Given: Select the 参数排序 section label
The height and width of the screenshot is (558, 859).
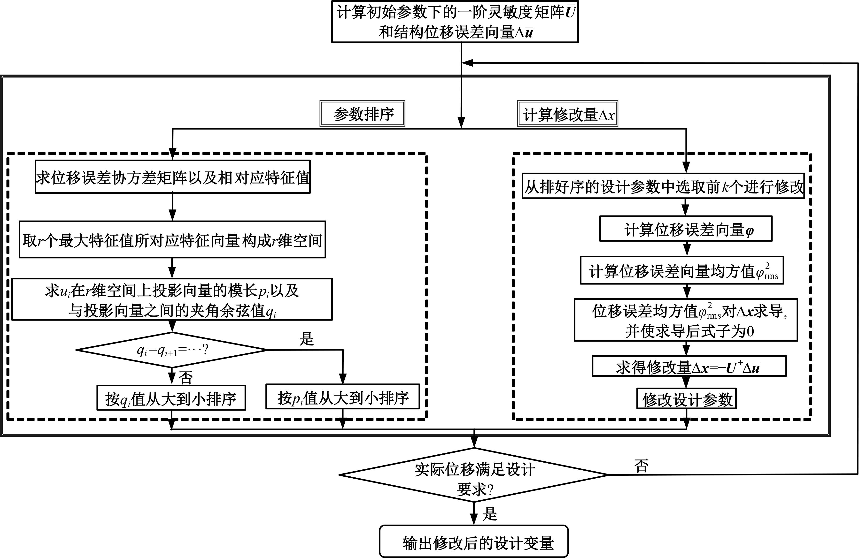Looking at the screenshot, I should point(362,114).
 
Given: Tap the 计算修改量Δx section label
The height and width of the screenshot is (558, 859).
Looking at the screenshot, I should point(568,114).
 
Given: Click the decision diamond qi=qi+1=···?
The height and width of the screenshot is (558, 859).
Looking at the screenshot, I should point(172,350).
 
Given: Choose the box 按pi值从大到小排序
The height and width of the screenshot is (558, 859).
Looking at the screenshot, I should point(342,397).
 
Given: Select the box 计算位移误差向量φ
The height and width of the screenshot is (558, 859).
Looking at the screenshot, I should point(686,229).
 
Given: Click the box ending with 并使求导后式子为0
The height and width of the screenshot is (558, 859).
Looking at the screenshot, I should point(686,320).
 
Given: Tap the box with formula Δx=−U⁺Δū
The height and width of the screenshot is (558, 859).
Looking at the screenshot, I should point(689,367).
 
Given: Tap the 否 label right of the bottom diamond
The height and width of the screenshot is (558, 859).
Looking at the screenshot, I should point(641,466).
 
